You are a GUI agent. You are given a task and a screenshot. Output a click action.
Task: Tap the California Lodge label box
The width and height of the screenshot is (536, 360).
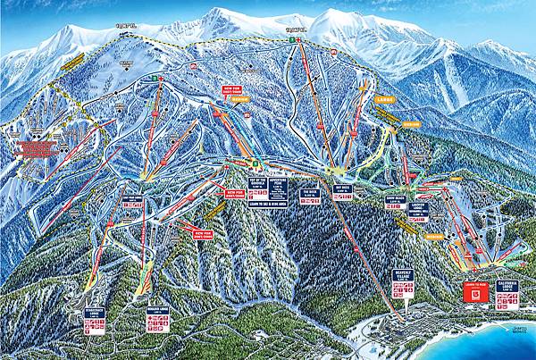pyautogui.click(x=510, y=289)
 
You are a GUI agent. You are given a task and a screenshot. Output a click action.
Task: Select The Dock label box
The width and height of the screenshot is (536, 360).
pyautogui.click(x=311, y=191)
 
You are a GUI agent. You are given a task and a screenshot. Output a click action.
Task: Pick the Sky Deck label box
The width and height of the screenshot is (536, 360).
pyautogui.click(x=340, y=189)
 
